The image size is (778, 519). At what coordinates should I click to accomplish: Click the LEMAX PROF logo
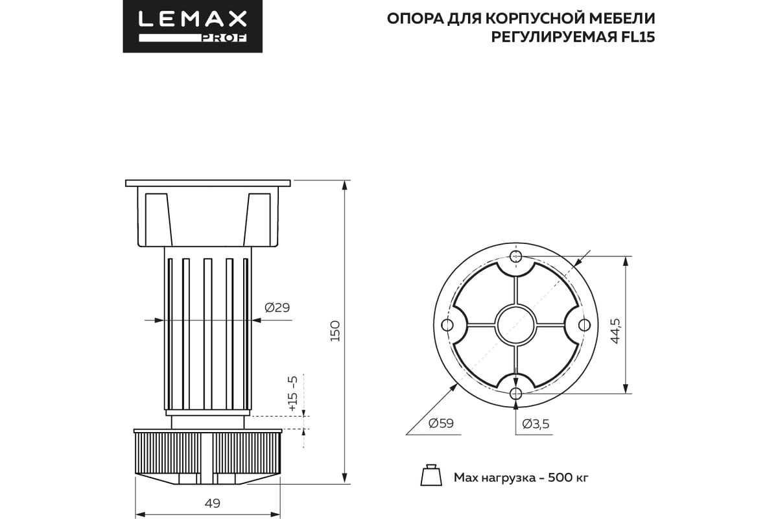(193, 26)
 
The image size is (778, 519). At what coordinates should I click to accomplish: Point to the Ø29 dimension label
(277, 308)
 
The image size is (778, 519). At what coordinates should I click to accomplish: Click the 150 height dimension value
(335, 331)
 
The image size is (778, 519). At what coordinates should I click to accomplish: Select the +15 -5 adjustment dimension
(293, 392)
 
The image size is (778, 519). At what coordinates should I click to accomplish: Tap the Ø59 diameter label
(441, 424)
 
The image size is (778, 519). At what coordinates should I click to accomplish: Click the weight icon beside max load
(429, 476)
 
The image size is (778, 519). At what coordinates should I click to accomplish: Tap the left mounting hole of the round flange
(447, 324)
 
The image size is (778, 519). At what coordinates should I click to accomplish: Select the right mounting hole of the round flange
(584, 324)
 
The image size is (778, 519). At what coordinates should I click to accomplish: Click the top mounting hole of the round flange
(515, 257)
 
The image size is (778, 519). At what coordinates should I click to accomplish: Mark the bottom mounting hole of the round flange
(515, 393)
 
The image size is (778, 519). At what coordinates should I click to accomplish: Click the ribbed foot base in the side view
(207, 454)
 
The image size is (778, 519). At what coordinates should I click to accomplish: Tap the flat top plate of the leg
(208, 182)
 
